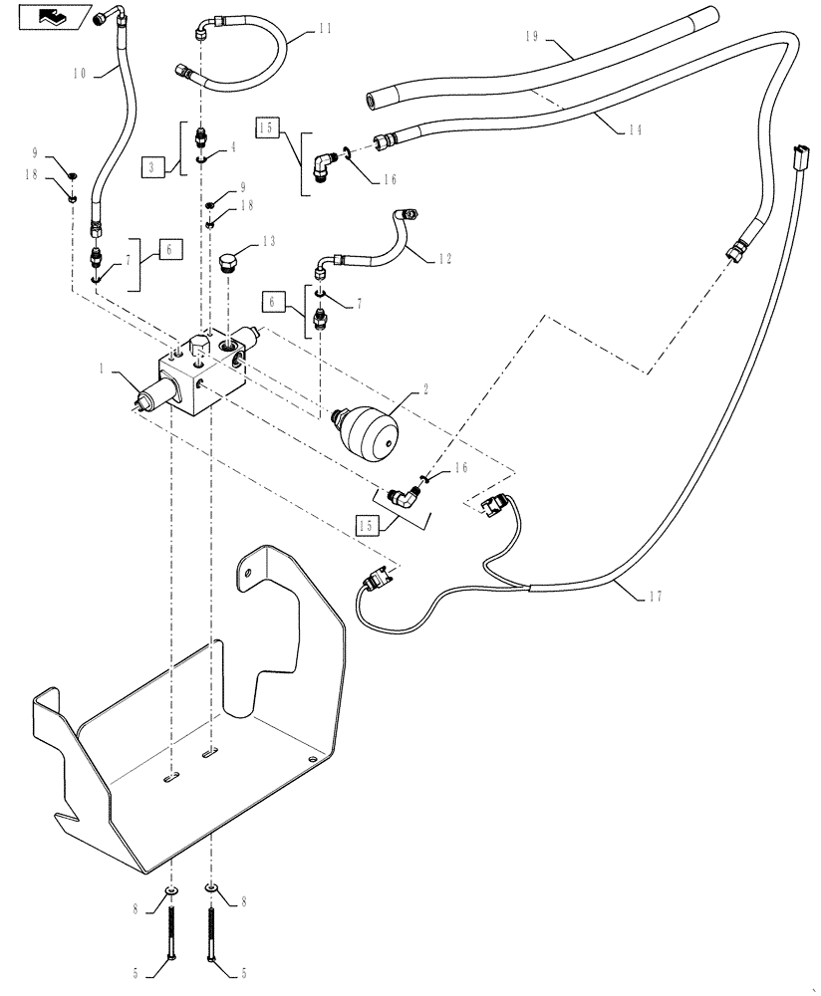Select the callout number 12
tap(443, 259)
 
